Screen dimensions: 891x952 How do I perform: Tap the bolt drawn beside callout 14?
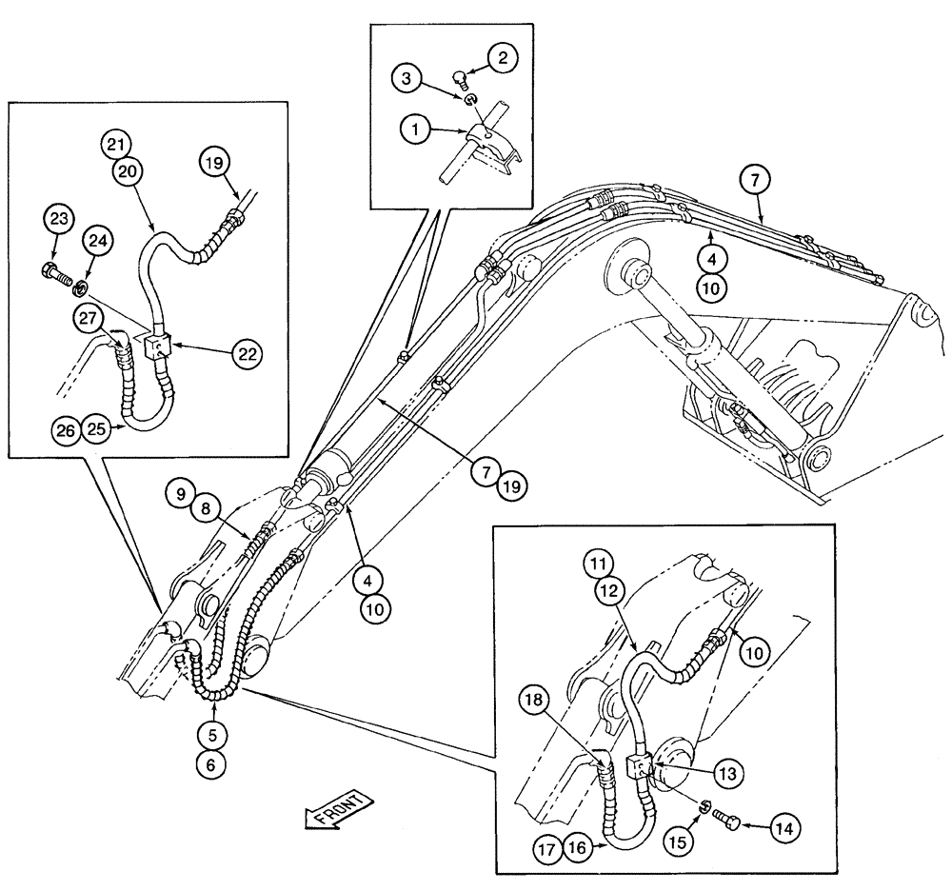coord(739,818)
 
